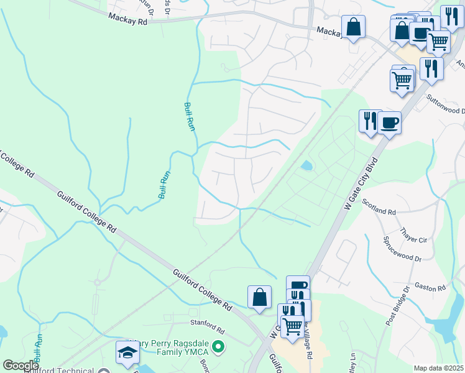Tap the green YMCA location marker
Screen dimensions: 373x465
coord(218,346)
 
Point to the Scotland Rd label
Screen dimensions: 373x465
coord(379,211)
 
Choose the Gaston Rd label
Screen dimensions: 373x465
coord(433,288)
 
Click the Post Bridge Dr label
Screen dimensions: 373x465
coord(398,306)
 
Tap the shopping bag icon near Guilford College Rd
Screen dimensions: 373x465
coord(259,297)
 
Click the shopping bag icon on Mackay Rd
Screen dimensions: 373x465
coord(353,27)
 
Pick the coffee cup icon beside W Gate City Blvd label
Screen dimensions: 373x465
coord(389,122)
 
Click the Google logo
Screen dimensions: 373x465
coord(20,366)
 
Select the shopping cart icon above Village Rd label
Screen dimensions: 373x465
coord(292,325)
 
